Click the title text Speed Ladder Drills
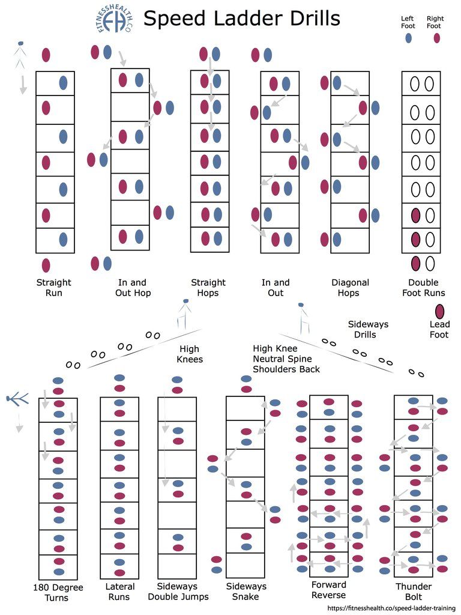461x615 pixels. click(x=241, y=18)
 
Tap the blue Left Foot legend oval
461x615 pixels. click(x=408, y=38)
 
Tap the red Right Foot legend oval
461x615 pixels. click(x=437, y=38)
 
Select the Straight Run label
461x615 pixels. click(x=53, y=288)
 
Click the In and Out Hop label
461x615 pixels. click(x=133, y=288)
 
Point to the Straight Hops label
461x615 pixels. click(x=208, y=288)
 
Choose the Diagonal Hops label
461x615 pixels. click(x=350, y=288)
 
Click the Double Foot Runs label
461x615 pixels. click(x=423, y=288)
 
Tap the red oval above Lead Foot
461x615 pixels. click(x=439, y=311)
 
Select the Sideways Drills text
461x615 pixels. click(x=368, y=330)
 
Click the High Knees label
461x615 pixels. click(x=190, y=354)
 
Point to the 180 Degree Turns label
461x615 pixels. click(x=58, y=592)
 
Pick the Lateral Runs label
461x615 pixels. click(x=119, y=592)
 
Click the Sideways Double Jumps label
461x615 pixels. click(x=178, y=592)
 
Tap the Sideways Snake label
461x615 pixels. click(x=246, y=592)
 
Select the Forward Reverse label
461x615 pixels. click(x=328, y=590)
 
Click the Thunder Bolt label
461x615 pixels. click(x=414, y=592)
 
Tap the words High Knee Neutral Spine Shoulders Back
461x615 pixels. click(x=286, y=359)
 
